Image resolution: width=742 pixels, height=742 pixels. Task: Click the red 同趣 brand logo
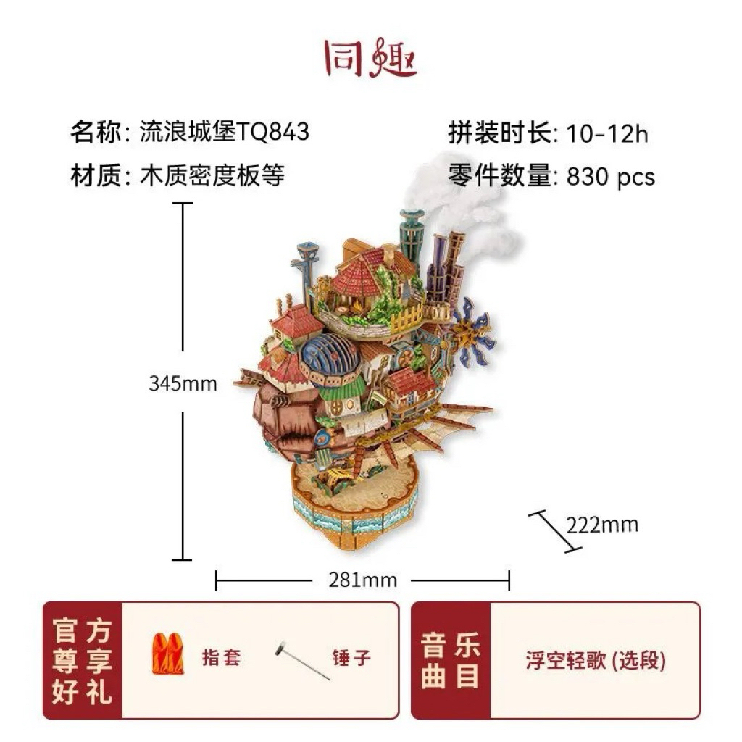pyautogui.click(x=371, y=58)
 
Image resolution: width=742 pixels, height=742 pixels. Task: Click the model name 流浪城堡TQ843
pyautogui.click(x=225, y=132)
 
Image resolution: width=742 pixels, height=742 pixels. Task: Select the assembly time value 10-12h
pyautogui.click(x=607, y=133)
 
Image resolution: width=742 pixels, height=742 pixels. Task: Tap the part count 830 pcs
pyautogui.click(x=610, y=177)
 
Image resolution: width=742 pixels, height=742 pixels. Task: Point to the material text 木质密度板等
pyautogui.click(x=212, y=175)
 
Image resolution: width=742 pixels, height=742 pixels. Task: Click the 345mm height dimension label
pyautogui.click(x=183, y=383)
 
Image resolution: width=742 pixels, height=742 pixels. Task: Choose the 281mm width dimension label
pyautogui.click(x=362, y=580)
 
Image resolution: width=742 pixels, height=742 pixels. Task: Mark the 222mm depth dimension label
pyautogui.click(x=602, y=525)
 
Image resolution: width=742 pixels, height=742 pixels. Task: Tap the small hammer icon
pyautogui.click(x=301, y=661)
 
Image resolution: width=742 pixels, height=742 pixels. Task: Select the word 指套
pyautogui.click(x=222, y=657)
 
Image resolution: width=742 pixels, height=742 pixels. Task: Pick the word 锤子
pyautogui.click(x=351, y=658)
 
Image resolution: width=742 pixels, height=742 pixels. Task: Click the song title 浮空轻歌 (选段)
pyautogui.click(x=596, y=660)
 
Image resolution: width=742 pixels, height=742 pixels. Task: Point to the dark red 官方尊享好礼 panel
pyautogui.click(x=83, y=661)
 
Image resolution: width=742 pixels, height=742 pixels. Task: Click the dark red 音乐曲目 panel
pyautogui.click(x=451, y=661)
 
